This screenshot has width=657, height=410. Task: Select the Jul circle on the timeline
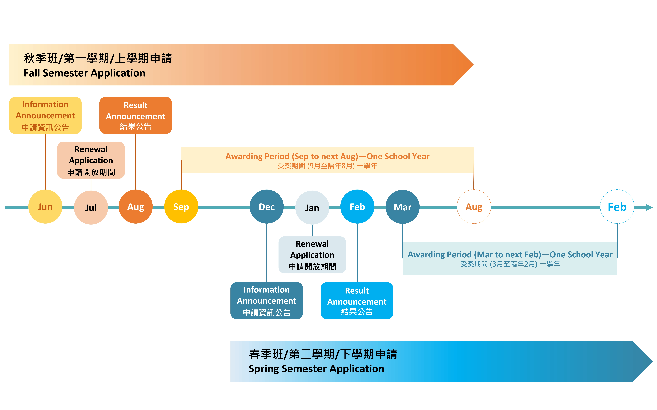(91, 207)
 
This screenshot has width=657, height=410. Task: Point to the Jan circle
(312, 207)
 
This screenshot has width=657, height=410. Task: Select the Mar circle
(403, 207)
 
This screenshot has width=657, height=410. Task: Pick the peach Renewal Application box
(91, 160)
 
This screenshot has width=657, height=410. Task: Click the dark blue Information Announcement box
(267, 301)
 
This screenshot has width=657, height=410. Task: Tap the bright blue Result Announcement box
(357, 301)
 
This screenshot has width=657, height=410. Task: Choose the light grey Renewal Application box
(312, 255)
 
